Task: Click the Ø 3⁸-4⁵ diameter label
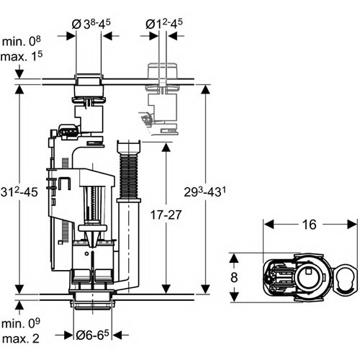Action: pos(91,24)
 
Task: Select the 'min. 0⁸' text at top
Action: pos(22,41)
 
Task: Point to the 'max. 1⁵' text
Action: pos(22,57)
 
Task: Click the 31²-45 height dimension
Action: pos(19,192)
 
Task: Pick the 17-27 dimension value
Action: pos(166,215)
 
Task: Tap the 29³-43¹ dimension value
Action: pos(205,192)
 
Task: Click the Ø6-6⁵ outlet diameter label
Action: pos(92,335)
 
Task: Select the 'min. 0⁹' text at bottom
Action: pos(21,324)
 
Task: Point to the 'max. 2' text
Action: pos(21,338)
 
